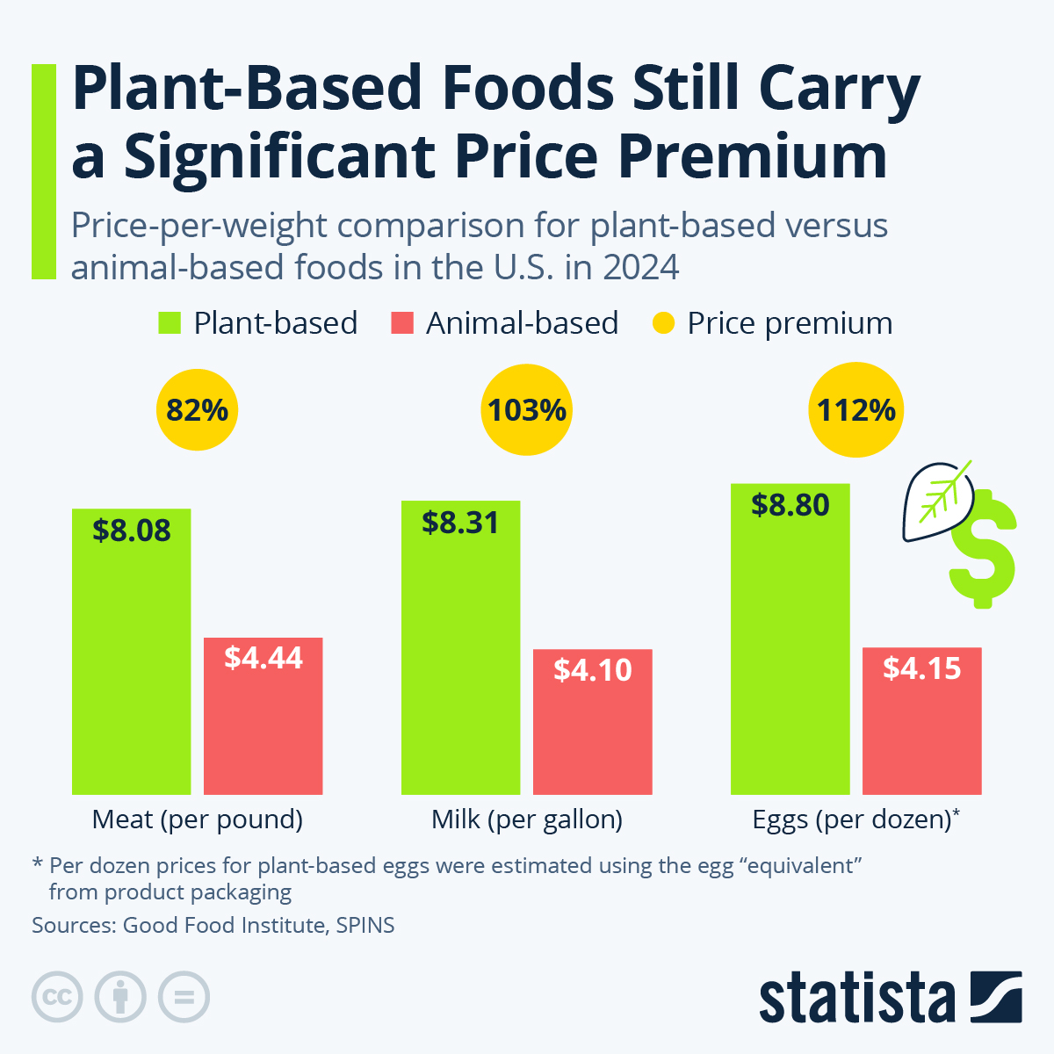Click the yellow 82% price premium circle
coord(198,410)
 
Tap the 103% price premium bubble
coord(527,410)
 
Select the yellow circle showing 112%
coord(856,410)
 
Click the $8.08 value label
coord(132,531)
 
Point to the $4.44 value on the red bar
coord(263,658)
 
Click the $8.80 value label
coord(790,505)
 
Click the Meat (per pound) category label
coord(198,819)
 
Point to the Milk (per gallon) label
coord(527,819)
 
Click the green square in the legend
coord(169,323)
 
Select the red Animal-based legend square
coord(401,323)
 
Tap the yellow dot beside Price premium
coord(663,323)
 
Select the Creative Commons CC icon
coord(57,997)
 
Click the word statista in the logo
coord(856,998)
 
